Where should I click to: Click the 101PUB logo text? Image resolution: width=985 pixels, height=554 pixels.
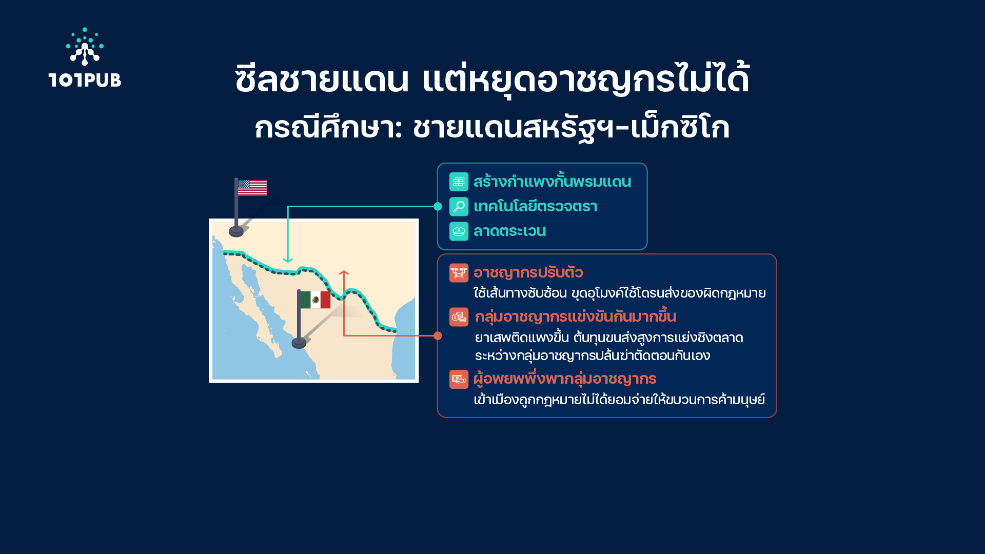click(85, 80)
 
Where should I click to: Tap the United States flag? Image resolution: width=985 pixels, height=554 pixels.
click(252, 188)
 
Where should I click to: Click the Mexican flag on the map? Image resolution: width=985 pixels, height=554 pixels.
click(315, 300)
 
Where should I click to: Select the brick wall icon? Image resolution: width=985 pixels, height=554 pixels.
click(459, 182)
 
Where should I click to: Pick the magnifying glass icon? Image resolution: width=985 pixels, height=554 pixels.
click(459, 206)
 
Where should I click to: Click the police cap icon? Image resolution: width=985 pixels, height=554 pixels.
click(459, 231)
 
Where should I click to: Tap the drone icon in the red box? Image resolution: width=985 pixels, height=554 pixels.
click(459, 273)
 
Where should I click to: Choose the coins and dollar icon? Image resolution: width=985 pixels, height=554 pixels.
click(459, 317)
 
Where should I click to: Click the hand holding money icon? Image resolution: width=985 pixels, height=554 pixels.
click(459, 380)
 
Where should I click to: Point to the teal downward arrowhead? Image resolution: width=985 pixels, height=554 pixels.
click(288, 260)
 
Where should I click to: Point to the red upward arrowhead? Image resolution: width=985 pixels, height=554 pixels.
click(344, 273)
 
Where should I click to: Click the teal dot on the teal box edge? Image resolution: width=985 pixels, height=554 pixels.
click(438, 206)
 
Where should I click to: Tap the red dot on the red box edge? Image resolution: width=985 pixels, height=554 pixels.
click(438, 335)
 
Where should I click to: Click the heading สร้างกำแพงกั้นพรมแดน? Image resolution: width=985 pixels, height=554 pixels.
click(552, 182)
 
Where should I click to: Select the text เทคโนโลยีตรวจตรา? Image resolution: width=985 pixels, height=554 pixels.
click(535, 206)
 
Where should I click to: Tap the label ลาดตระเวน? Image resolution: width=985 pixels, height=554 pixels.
click(509, 231)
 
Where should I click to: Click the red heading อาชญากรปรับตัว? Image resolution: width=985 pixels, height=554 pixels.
click(528, 273)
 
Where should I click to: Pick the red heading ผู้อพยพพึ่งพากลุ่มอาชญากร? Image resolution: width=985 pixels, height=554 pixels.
click(565, 379)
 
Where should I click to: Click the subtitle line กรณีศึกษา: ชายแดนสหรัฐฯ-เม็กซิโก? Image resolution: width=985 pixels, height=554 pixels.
click(492, 128)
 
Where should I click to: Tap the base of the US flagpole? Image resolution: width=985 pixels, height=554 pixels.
click(236, 231)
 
